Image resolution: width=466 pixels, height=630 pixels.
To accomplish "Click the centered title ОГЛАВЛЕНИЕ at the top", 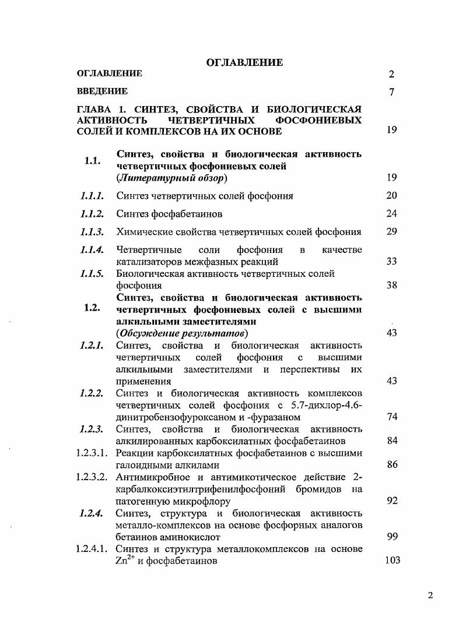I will click(x=245, y=62).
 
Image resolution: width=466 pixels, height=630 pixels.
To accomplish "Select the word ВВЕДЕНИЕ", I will click(x=102, y=91).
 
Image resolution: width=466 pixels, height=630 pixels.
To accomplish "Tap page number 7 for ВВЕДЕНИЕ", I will click(x=391, y=92).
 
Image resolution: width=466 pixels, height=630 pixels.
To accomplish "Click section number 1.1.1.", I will click(x=92, y=196).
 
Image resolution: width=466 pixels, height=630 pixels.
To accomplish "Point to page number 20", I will click(x=391, y=196).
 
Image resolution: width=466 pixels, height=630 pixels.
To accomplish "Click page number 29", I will click(x=391, y=231).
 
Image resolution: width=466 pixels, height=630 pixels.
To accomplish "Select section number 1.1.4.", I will click(x=92, y=249).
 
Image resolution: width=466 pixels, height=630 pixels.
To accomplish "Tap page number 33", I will click(x=391, y=262).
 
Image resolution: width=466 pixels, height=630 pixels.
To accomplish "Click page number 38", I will click(x=391, y=286).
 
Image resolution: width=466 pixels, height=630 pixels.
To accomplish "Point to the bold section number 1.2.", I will click(x=92, y=309).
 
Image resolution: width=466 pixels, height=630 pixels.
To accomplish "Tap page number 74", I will click(x=391, y=417).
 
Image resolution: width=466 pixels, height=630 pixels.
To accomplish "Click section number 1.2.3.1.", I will click(x=93, y=453).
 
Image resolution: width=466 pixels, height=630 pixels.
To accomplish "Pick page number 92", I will click(x=391, y=501).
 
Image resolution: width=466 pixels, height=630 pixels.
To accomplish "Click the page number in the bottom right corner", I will click(x=430, y=596).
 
